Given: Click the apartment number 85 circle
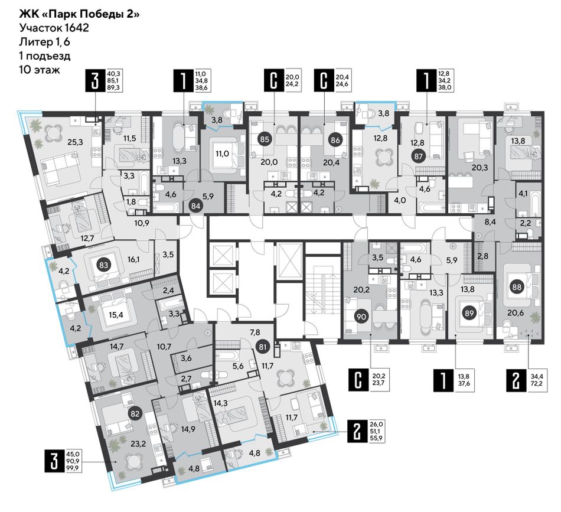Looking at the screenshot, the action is click(265, 139).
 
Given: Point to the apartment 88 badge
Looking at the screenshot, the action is click(517, 286).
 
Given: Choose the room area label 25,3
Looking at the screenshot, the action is click(75, 142).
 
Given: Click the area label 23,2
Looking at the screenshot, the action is click(138, 444).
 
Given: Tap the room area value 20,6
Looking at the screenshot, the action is click(516, 313).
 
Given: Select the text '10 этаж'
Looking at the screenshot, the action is click(40, 70).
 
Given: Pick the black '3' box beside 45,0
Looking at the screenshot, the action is click(54, 461).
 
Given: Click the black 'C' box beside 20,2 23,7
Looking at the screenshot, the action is click(358, 381).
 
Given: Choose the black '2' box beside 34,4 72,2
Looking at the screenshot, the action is click(516, 381).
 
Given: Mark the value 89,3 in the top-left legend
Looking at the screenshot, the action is click(116, 87).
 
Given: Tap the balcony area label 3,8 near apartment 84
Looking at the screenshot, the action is click(217, 120).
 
